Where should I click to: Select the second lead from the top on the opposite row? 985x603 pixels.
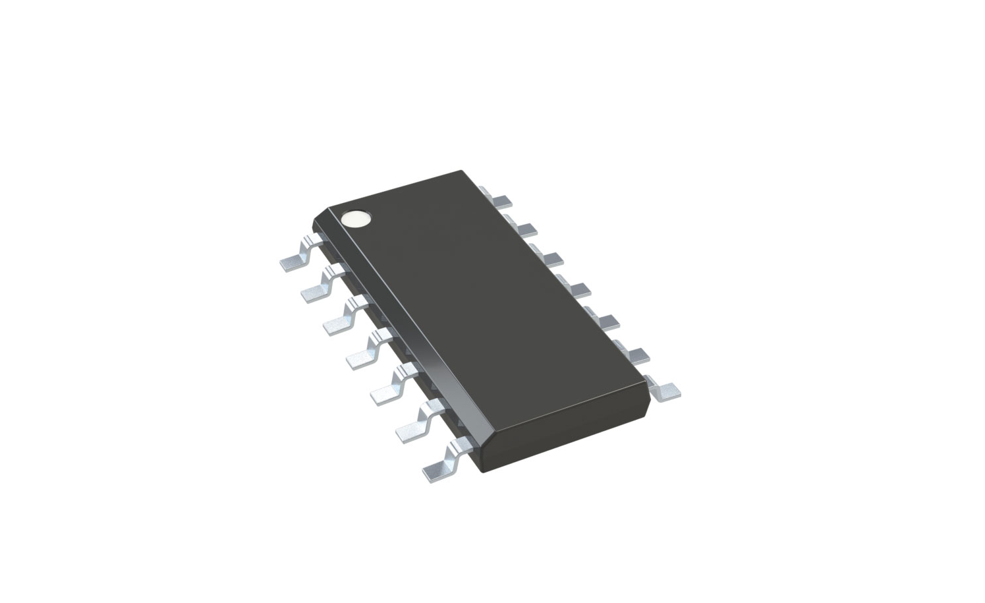pos(524,228)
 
